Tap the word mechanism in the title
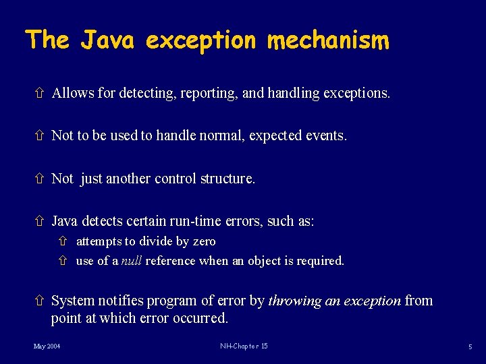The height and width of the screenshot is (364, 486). click(x=328, y=40)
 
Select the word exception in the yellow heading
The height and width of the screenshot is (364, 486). click(x=201, y=40)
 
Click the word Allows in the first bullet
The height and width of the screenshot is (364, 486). click(x=73, y=93)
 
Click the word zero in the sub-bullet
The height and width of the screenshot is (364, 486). click(x=204, y=241)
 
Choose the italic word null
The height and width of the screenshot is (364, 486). click(x=132, y=261)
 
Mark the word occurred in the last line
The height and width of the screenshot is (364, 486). click(x=204, y=318)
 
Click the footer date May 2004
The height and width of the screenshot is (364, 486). click(x=47, y=346)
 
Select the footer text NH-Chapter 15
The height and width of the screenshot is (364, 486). click(x=244, y=346)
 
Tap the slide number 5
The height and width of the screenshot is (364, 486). click(x=469, y=346)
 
